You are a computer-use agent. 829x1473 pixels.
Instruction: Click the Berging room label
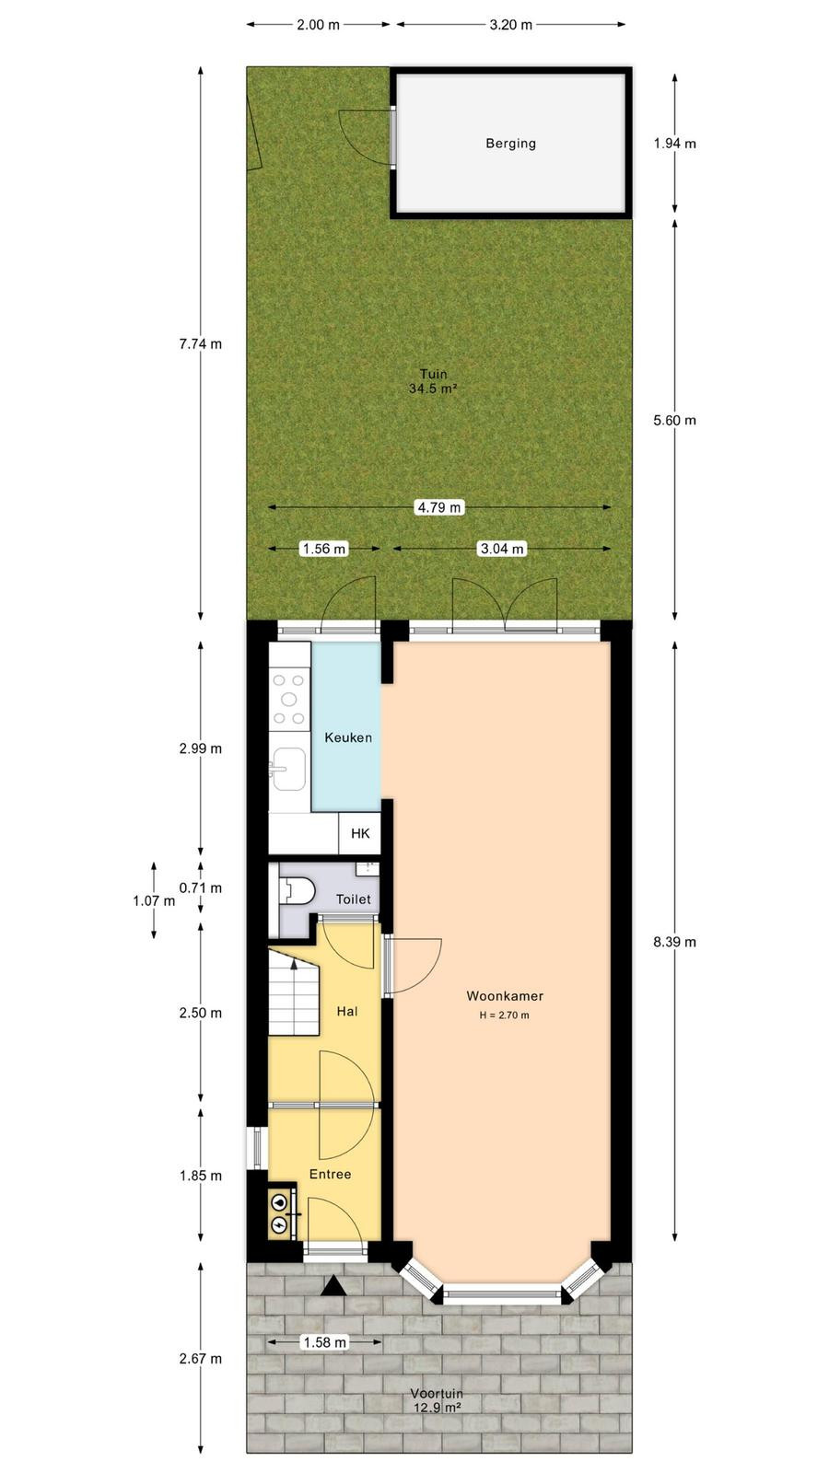click(510, 144)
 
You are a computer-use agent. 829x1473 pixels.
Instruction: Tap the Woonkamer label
click(505, 995)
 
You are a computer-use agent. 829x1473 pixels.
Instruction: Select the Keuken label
click(348, 737)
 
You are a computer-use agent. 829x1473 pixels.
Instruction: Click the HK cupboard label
click(360, 834)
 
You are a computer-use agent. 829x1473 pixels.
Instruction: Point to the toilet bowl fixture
click(297, 891)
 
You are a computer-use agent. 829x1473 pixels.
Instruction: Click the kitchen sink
click(288, 768)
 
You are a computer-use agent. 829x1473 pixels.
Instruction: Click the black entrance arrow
click(333, 1285)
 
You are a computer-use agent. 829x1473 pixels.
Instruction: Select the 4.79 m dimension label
click(439, 507)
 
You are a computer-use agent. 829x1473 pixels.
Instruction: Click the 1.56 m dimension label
click(323, 549)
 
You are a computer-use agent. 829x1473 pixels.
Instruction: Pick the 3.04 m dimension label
click(502, 549)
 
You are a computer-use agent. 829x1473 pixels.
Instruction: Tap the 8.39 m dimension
click(674, 942)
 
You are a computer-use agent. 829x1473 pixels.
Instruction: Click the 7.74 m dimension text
click(201, 343)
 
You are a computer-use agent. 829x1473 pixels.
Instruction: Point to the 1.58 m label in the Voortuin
click(324, 1342)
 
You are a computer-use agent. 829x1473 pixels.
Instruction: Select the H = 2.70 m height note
click(504, 1015)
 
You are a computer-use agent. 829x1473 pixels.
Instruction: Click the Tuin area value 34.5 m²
click(433, 389)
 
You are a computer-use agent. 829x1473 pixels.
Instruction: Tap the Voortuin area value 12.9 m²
click(437, 1408)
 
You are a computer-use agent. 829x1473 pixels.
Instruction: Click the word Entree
click(331, 1174)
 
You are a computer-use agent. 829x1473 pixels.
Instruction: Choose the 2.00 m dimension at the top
click(318, 25)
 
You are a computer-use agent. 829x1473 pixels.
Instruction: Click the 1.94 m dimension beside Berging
click(674, 144)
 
